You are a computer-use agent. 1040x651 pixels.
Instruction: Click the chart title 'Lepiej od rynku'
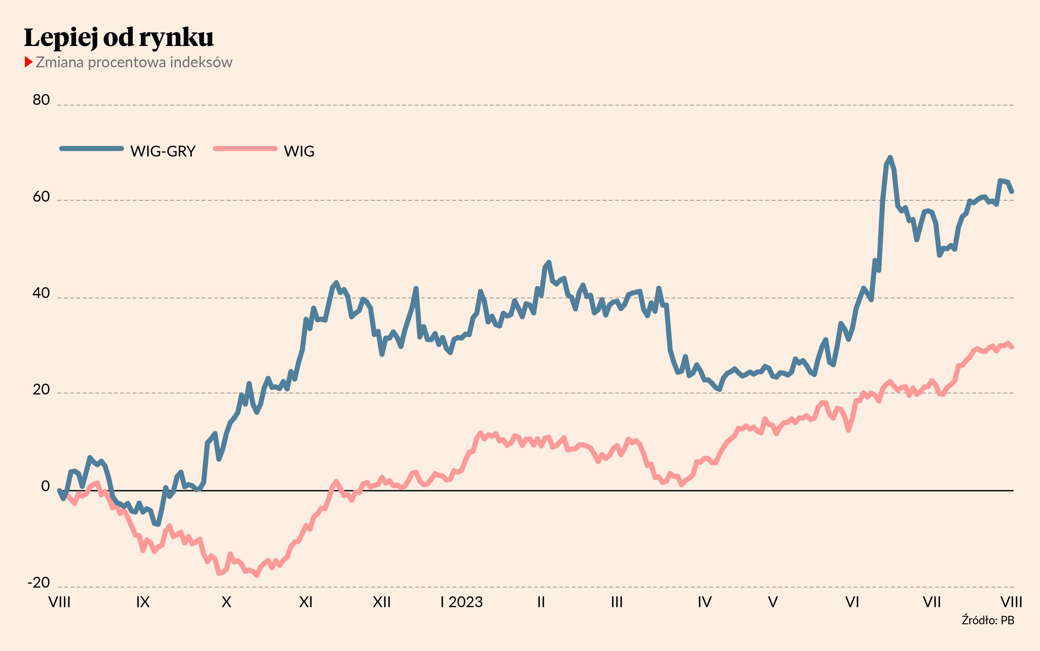click(x=118, y=38)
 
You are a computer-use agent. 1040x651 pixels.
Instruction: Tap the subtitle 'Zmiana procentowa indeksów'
click(x=134, y=62)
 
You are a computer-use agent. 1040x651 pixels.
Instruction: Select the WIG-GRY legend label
click(x=163, y=151)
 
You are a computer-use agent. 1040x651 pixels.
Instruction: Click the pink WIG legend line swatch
click(x=245, y=148)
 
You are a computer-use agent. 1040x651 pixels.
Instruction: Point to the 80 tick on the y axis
click(x=41, y=100)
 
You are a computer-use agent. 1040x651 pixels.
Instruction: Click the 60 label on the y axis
click(x=41, y=197)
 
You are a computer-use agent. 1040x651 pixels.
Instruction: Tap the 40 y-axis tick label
click(x=41, y=293)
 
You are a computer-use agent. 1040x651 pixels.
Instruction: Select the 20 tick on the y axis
click(x=41, y=390)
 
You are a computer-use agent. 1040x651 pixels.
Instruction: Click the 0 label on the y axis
click(x=45, y=486)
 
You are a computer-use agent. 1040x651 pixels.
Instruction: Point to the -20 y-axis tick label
click(x=39, y=583)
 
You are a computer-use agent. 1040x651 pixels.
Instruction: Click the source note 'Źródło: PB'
click(x=988, y=620)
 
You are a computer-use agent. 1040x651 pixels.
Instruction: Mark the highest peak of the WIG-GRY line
click(x=890, y=158)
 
